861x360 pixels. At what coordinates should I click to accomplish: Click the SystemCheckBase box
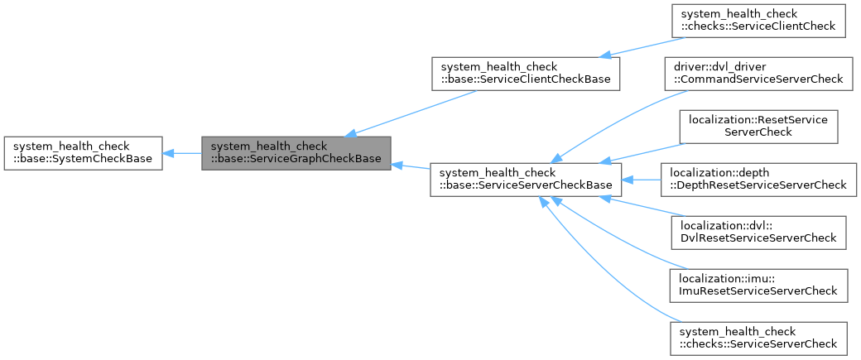[x=83, y=152]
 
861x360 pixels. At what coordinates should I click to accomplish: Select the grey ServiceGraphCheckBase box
[x=296, y=152]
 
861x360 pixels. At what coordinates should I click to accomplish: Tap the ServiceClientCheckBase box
[x=526, y=73]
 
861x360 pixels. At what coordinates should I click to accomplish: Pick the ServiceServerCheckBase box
[x=526, y=178]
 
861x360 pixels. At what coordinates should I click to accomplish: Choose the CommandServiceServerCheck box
[x=758, y=73]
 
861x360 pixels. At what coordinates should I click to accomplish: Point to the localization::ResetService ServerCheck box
[x=758, y=126]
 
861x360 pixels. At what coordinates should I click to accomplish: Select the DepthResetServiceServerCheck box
[x=758, y=178]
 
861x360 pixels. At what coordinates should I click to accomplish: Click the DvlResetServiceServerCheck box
[x=758, y=231]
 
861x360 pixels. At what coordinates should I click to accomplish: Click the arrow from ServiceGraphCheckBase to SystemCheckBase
[x=182, y=152]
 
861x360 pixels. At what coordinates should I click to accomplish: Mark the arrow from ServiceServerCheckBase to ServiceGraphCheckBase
[x=411, y=167]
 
